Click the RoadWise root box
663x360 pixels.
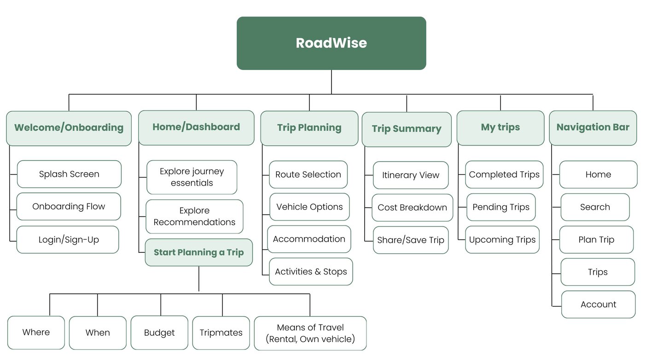click(x=331, y=43)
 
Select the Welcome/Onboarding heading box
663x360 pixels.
click(x=69, y=128)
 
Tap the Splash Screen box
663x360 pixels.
click(x=69, y=174)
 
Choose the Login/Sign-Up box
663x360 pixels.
click(x=68, y=239)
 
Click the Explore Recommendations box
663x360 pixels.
click(x=194, y=216)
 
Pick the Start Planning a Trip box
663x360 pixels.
click(x=199, y=253)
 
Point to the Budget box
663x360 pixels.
click(x=159, y=333)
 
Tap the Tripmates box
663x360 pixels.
click(x=221, y=333)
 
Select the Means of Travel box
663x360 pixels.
click(x=310, y=333)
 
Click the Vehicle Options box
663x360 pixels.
click(x=309, y=207)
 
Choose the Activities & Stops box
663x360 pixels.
click(x=311, y=272)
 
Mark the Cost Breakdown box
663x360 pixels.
click(x=413, y=208)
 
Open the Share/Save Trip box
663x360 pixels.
click(x=411, y=240)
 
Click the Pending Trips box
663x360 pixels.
click(x=501, y=207)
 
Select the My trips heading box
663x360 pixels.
click(x=500, y=128)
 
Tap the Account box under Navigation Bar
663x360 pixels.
click(x=599, y=304)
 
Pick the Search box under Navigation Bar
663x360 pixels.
click(x=595, y=207)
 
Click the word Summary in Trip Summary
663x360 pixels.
click(x=417, y=129)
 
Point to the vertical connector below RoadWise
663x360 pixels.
click(x=331, y=82)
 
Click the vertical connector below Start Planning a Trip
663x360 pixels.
click(x=199, y=279)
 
